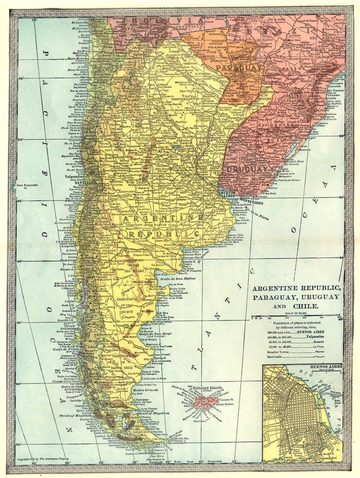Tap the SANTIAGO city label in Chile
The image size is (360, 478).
click(85, 183)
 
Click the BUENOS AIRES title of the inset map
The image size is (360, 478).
click(326, 366)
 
